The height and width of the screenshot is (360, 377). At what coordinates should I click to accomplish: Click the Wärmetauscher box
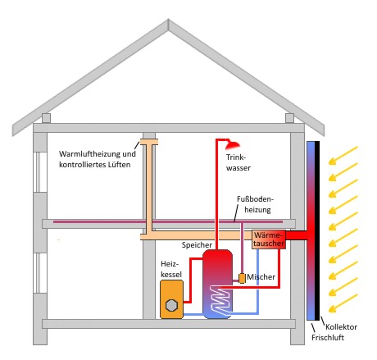click(x=269, y=239)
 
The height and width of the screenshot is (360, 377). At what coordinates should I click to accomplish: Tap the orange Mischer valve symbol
click(x=242, y=278)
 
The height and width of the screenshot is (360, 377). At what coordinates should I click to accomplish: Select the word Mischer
click(x=261, y=277)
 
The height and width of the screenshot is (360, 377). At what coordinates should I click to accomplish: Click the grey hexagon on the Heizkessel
click(x=171, y=305)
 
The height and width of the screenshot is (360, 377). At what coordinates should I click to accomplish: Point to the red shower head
click(x=233, y=145)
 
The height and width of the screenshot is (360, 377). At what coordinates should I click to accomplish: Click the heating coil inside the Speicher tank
click(x=220, y=300)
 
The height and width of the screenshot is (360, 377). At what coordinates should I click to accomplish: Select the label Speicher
click(x=197, y=245)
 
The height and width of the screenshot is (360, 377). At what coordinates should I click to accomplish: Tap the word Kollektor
click(x=341, y=327)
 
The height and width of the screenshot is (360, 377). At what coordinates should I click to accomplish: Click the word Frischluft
click(x=328, y=338)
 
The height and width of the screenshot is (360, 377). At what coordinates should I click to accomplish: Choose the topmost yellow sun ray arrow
click(x=343, y=156)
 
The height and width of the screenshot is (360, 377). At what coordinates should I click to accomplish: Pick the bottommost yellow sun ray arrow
click(x=343, y=303)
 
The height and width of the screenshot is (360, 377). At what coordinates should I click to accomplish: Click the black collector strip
click(x=317, y=230)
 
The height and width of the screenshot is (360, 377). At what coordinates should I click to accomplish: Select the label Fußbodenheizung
click(x=255, y=204)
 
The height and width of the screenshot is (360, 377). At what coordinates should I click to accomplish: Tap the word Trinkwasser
click(x=238, y=162)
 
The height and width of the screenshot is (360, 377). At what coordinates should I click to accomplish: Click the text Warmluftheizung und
click(x=98, y=154)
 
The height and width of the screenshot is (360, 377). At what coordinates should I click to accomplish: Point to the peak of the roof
click(x=168, y=20)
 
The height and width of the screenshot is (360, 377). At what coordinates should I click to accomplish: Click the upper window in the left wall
click(x=40, y=172)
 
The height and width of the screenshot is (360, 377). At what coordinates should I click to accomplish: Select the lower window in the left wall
click(x=40, y=273)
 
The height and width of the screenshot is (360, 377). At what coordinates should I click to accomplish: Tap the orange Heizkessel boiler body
click(x=171, y=299)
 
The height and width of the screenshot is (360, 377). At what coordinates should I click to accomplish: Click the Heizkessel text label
click(x=171, y=269)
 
